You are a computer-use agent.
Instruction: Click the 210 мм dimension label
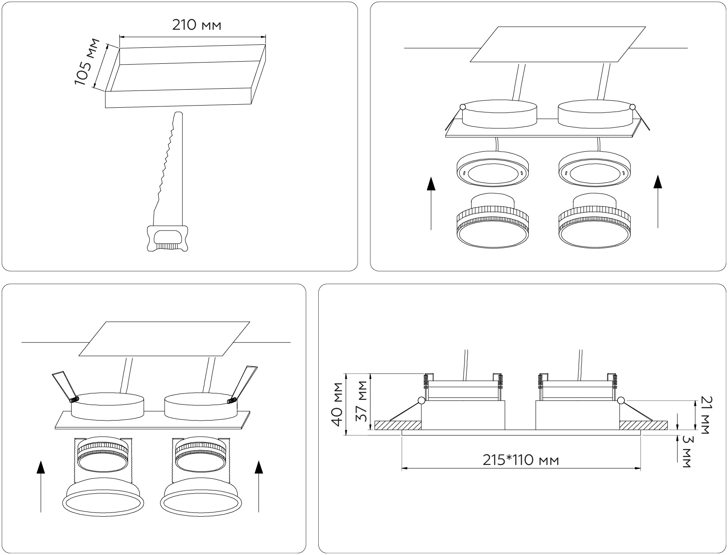coord(197,25)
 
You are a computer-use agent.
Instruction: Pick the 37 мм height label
coord(363,402)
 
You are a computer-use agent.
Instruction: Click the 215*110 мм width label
coord(521,460)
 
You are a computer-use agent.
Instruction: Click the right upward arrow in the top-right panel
coord(657,201)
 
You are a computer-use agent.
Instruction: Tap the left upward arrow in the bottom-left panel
coord(41,486)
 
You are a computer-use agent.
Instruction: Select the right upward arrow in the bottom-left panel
coord(259,486)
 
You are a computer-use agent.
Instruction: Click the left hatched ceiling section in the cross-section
coord(398,425)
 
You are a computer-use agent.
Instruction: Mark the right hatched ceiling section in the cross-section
coord(644,425)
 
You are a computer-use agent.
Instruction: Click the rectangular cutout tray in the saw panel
coord(186,76)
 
